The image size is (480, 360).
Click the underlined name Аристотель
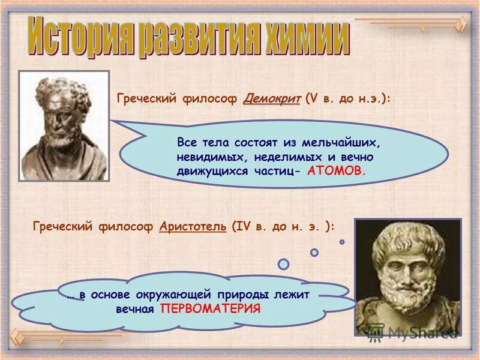pos(193,226)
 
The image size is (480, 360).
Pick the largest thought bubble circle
pos(284,263)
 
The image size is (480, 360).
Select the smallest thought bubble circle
pos(342,242)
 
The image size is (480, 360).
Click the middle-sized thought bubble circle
pos(314,253)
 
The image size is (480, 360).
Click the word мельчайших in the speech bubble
pos(349,144)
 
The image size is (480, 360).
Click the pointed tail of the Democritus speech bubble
pos(115,124)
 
